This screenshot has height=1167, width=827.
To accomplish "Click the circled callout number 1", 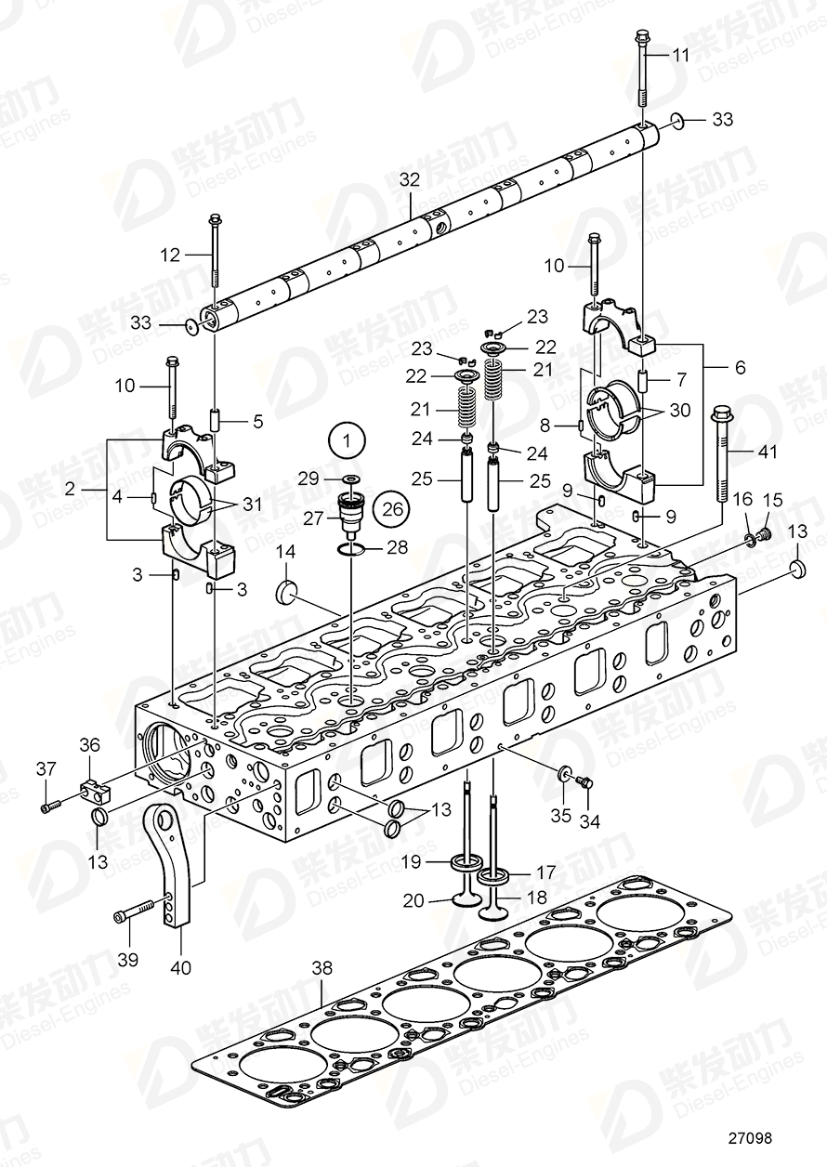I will tap(347, 439).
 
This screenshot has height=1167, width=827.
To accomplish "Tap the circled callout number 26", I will tap(390, 508).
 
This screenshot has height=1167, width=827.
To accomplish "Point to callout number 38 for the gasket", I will tap(321, 969).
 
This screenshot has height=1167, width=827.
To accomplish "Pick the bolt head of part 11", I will tap(641, 38).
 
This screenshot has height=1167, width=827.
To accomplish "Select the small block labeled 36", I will tap(96, 791).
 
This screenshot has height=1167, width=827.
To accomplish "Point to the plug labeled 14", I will tap(287, 592).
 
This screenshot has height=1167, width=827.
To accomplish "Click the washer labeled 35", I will tap(564, 773).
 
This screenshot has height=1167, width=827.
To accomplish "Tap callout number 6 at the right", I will tap(740, 368).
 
